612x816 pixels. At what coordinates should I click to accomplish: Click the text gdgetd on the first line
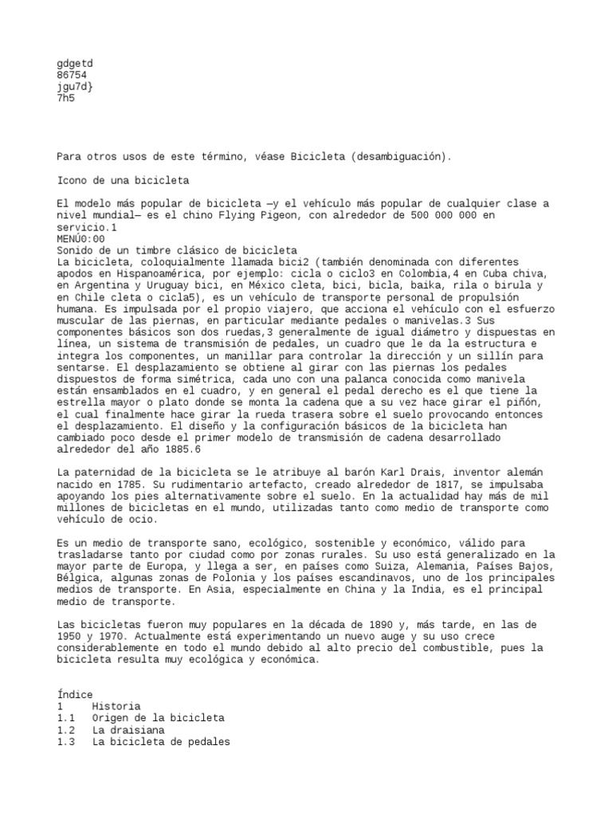click(75, 64)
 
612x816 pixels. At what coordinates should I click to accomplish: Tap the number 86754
click(72, 76)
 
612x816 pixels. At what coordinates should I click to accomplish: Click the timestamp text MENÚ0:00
click(80, 238)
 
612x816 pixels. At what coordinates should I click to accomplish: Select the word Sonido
click(75, 250)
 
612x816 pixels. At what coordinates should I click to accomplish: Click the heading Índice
click(75, 694)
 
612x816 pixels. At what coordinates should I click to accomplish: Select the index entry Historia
click(116, 706)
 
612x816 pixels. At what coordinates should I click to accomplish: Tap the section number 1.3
click(66, 741)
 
